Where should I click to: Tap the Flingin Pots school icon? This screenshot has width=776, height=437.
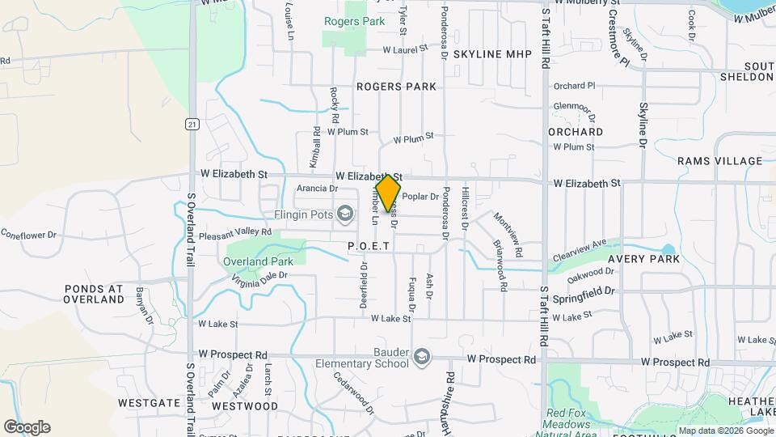(x=345, y=214)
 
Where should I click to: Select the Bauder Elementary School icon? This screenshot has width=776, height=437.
(x=423, y=357)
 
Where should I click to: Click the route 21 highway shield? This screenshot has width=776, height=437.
(x=192, y=124)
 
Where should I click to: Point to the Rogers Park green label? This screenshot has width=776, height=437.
(x=354, y=21)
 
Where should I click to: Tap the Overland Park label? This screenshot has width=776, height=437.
(x=259, y=262)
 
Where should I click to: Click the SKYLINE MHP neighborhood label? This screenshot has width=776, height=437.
(x=492, y=54)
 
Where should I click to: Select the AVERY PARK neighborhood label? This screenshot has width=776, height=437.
(x=643, y=259)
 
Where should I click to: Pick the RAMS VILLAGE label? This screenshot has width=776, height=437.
(x=719, y=161)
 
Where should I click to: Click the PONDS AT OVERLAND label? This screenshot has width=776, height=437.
(x=94, y=294)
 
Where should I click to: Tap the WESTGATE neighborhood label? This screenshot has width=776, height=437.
(x=149, y=402)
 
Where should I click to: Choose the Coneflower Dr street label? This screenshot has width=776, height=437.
(x=28, y=235)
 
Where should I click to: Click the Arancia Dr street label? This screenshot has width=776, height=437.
(x=317, y=189)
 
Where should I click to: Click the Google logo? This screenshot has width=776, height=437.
(x=27, y=427)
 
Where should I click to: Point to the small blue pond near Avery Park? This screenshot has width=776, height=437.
(x=667, y=250)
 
